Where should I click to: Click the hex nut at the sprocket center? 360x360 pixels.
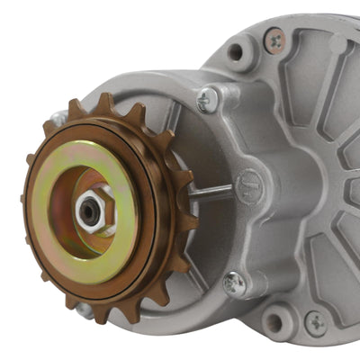point(93,210)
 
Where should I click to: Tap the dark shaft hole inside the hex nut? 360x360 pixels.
point(89,211)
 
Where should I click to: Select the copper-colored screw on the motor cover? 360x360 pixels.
point(274,37)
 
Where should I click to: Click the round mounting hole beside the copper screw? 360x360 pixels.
point(236,51)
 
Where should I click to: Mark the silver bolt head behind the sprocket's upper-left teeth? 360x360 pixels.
point(58,118)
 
